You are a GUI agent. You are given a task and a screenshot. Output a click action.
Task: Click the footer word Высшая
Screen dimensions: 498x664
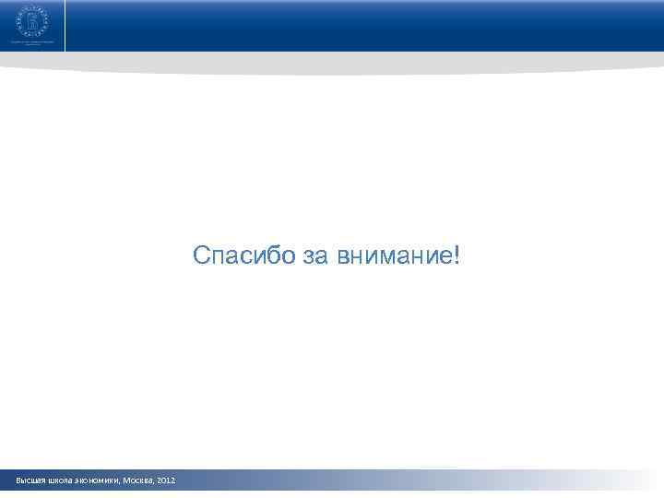[x=30, y=481]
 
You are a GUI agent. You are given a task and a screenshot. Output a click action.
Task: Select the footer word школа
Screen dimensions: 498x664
[x=60, y=481]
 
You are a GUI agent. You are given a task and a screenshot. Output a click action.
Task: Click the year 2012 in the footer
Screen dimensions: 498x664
[x=167, y=481]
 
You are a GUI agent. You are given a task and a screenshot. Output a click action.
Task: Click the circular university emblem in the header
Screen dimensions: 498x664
[x=32, y=18]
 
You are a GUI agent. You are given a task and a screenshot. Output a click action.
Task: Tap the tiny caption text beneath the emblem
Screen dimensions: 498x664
[x=32, y=41]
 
